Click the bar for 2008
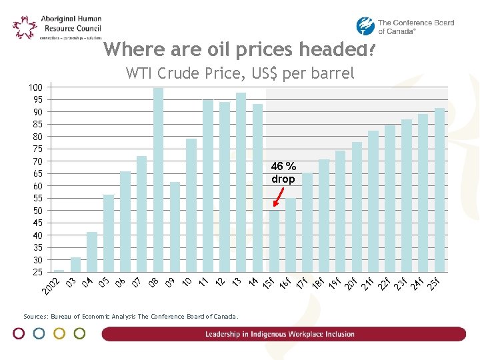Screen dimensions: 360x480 [158, 180]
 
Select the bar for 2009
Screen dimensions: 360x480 [175, 227]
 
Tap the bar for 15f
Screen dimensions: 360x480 [274, 241]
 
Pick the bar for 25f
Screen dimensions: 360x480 [439, 190]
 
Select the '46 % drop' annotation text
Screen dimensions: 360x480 [283, 173]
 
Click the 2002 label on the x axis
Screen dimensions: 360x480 [51, 286]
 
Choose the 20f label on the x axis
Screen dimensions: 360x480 [351, 283]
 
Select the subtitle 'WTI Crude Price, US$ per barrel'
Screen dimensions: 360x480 [240, 73]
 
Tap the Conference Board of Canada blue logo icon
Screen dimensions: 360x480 [365, 26]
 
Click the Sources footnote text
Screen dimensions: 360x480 [130, 317]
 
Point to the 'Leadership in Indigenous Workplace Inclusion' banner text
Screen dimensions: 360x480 [280, 334]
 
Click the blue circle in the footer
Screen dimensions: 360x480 [39, 333]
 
